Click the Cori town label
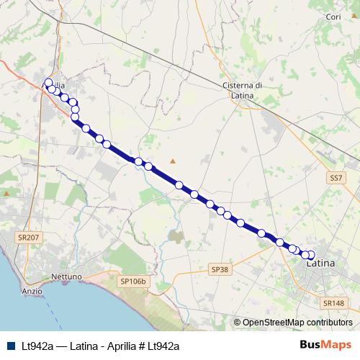[333, 17]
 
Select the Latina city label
[321, 264]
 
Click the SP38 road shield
[220, 269]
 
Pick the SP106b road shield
[133, 281]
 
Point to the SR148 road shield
[335, 303]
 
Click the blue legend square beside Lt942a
[11, 346]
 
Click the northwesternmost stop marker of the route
[48, 83]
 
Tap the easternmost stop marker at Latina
[311, 254]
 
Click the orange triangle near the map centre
[172, 161]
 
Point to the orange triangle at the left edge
[6, 193]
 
